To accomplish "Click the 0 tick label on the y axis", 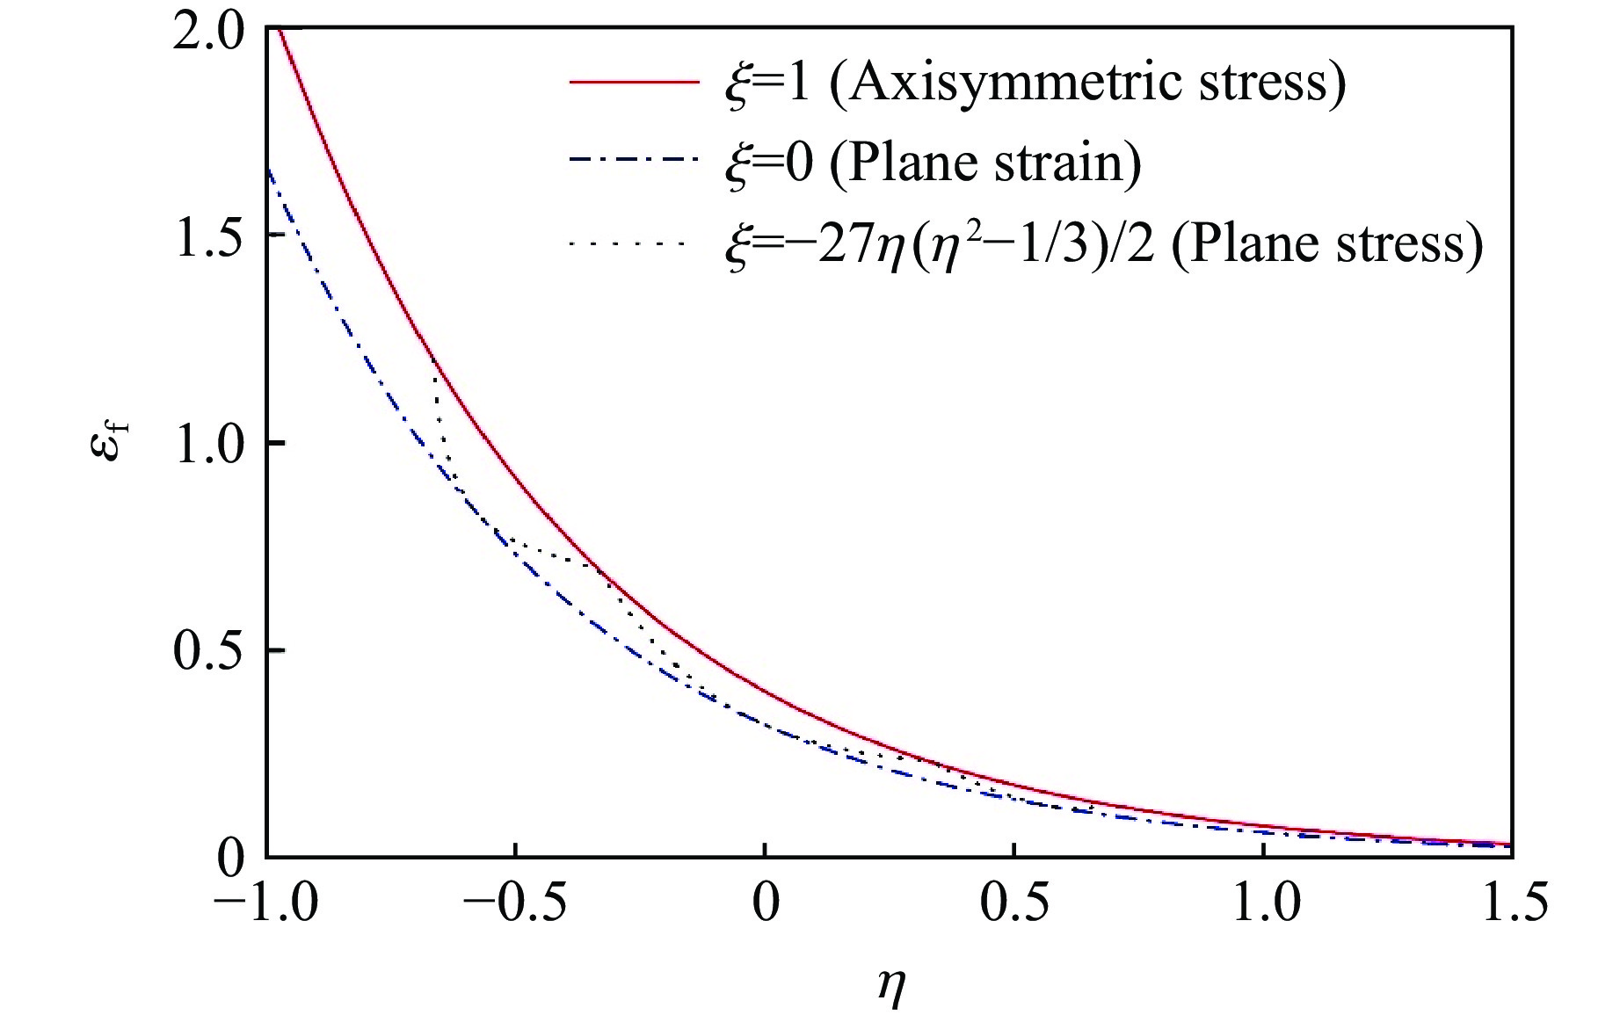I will [231, 858].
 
